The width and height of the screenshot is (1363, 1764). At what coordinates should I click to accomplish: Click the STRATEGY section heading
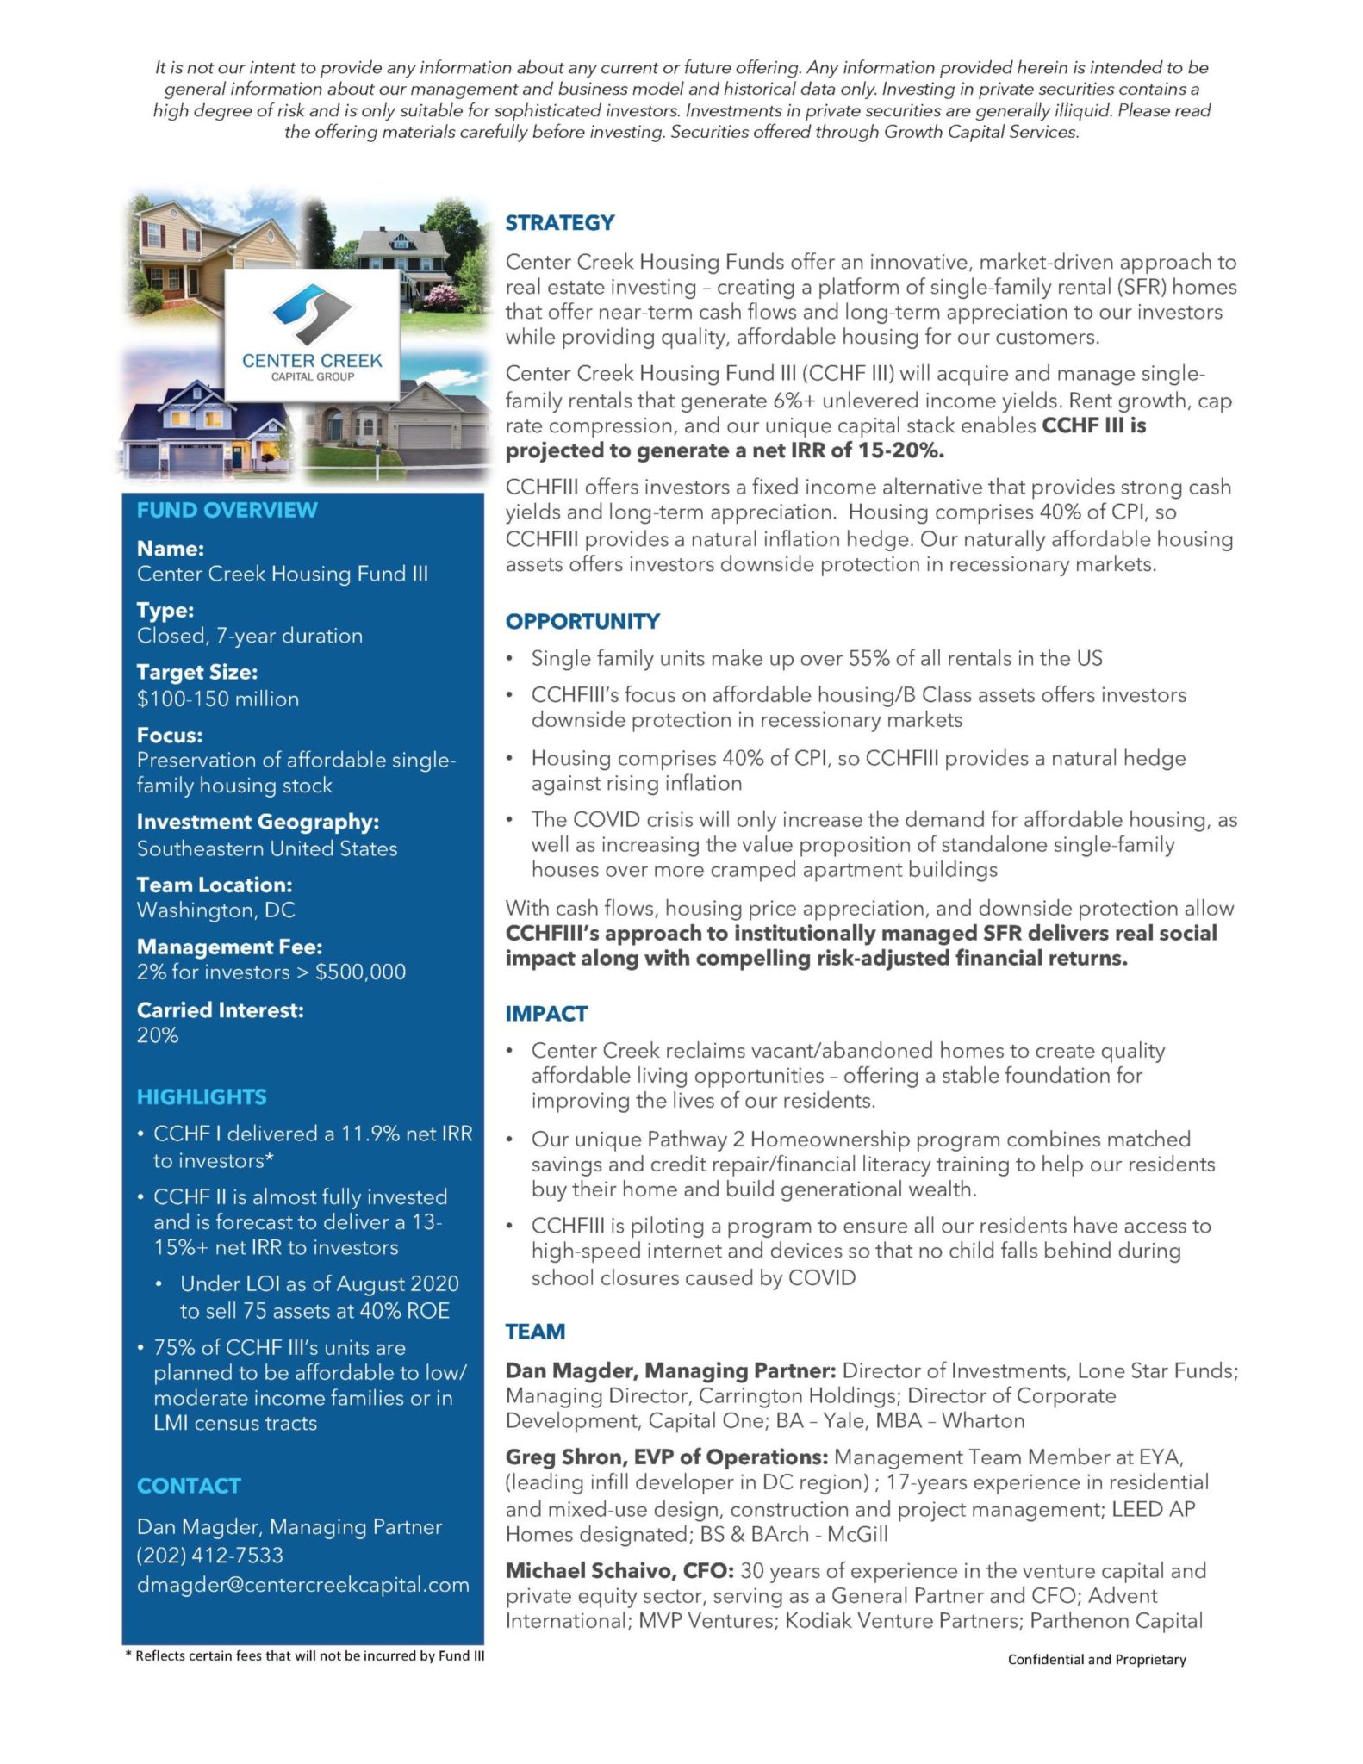click(x=559, y=223)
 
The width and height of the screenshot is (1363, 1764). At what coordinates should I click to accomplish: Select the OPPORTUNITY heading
click(x=582, y=621)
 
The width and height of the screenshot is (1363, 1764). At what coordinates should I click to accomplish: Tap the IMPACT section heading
click(x=546, y=1014)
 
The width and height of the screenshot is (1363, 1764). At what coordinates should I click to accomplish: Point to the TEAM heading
click(x=535, y=1332)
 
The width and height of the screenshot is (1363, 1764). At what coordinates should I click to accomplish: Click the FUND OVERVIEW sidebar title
click(x=227, y=510)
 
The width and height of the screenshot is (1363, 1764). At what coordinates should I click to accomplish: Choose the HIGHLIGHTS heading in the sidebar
click(x=202, y=1096)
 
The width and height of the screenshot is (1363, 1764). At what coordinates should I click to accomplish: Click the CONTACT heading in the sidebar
click(x=189, y=1486)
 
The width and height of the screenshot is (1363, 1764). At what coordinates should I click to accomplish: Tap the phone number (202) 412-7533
click(x=209, y=1556)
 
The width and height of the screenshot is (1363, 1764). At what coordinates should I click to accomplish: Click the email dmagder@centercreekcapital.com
click(x=302, y=1585)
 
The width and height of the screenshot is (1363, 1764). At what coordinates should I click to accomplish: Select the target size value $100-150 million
click(x=218, y=699)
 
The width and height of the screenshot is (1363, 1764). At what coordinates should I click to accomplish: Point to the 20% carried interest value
click(x=158, y=1035)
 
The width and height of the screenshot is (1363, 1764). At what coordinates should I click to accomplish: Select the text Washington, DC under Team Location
click(x=215, y=910)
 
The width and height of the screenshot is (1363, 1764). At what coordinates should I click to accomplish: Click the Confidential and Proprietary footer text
click(x=1096, y=1659)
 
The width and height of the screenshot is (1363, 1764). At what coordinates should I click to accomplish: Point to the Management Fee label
click(x=229, y=947)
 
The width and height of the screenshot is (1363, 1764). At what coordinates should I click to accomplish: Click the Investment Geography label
click(x=258, y=822)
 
